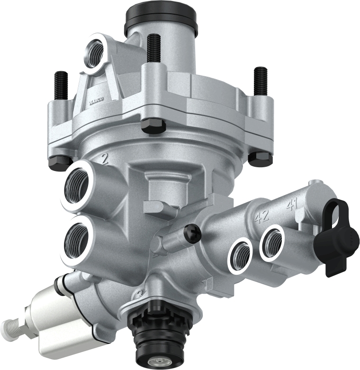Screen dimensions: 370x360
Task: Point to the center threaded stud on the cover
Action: [153, 48]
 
